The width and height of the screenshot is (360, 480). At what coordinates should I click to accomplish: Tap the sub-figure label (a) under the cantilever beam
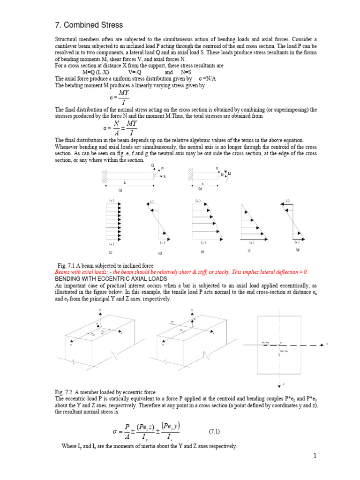pyautogui.click(x=120, y=190)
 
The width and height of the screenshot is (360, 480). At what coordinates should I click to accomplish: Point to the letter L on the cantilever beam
pyautogui.click(x=125, y=182)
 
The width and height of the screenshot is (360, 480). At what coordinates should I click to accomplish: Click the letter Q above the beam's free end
pyautogui.click(x=152, y=165)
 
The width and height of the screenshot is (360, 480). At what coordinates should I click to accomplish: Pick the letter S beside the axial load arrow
pyautogui.click(x=165, y=177)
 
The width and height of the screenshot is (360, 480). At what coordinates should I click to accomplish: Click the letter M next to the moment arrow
pyautogui.click(x=229, y=174)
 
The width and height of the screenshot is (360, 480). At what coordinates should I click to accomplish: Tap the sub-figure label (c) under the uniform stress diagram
pyautogui.click(x=111, y=252)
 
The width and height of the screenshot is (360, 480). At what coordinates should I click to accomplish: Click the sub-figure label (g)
pyautogui.click(x=297, y=249)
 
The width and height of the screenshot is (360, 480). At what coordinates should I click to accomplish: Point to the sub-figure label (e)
pyautogui.click(x=202, y=252)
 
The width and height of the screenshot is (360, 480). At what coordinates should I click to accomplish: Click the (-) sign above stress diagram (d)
pyautogui.click(x=152, y=202)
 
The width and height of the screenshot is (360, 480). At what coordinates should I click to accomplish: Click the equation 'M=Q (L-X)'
pyautogui.click(x=96, y=72)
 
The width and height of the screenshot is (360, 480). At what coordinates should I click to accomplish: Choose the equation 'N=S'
pyautogui.click(x=186, y=72)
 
